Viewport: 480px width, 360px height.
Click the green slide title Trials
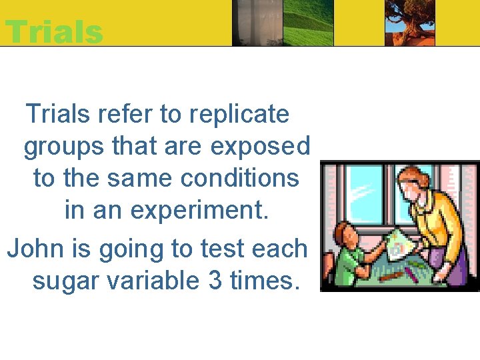click(54, 31)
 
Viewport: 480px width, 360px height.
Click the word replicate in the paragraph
click(239, 115)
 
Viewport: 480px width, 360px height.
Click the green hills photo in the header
click(308, 23)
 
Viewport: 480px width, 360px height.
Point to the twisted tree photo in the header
click(410, 23)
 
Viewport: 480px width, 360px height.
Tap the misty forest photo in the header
click(256, 23)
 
